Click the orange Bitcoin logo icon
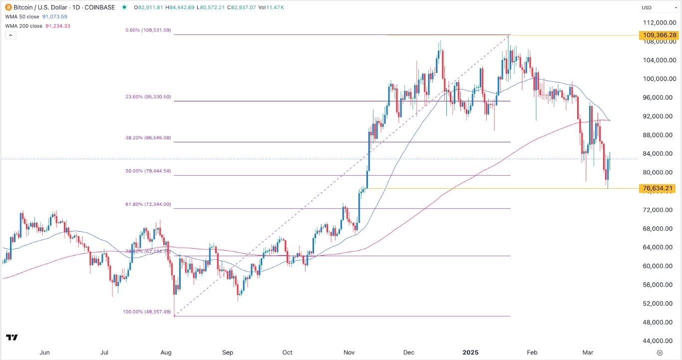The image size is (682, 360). [x=7, y=7]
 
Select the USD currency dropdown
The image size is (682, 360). [x=659, y=7]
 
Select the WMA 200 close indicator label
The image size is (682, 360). [x=23, y=26]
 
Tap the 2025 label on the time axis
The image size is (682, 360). [x=471, y=353]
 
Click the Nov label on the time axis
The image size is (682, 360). [x=349, y=353]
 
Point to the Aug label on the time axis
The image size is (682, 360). [x=166, y=353]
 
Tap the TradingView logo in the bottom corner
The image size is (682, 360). [x=12, y=338]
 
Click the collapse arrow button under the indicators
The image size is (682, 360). [x=10, y=35]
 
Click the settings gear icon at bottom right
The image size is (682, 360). [x=660, y=353]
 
